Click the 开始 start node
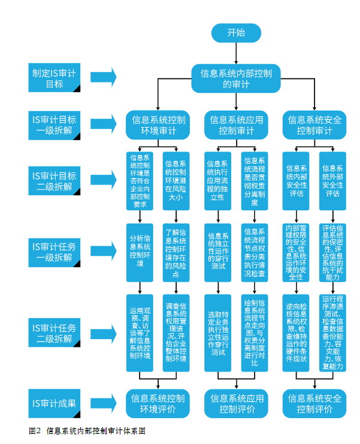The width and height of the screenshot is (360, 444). click(236, 33)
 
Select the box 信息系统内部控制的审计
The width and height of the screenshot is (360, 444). click(236, 78)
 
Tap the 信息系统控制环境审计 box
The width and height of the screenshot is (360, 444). click(158, 125)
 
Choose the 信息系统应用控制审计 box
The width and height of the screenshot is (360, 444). click(237, 125)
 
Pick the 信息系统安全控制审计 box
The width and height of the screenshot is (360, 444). click(314, 125)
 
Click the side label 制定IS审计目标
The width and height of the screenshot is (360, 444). click(55, 77)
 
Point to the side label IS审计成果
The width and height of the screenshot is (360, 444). click(55, 403)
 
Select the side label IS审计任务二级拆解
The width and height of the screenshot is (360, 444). click(55, 333)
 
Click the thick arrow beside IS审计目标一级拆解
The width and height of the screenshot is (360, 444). click(104, 124)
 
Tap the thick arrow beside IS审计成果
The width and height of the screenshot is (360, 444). click(104, 403)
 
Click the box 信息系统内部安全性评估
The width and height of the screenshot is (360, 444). click(296, 181)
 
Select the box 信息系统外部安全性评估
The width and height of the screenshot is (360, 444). click(333, 181)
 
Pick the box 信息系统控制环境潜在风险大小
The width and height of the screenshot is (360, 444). click(176, 181)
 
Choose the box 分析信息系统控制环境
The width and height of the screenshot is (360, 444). click(140, 253)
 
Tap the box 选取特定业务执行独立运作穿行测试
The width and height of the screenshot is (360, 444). click(218, 333)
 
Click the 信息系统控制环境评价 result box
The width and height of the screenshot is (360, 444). click(158, 403)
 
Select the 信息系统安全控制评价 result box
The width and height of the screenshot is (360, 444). click(314, 403)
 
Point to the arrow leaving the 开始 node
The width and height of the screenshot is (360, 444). click(236, 53)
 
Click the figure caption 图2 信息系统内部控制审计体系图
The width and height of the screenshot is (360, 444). click(87, 431)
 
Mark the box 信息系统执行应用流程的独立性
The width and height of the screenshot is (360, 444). click(218, 181)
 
